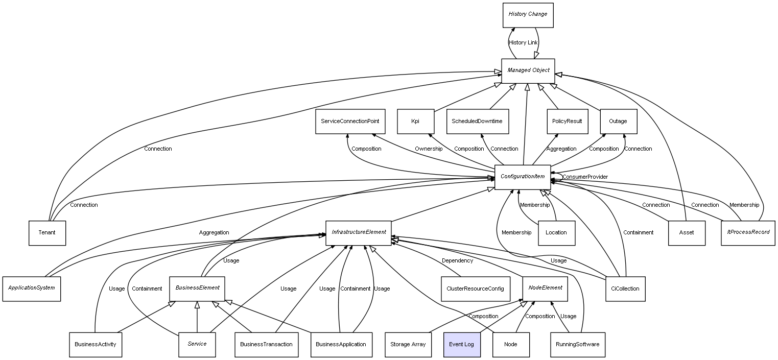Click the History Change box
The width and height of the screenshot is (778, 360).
pos(528,15)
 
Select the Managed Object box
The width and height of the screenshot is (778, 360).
pos(528,71)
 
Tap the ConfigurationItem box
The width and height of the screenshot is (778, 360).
pos(523,177)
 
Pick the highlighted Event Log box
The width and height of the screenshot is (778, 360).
pos(462,345)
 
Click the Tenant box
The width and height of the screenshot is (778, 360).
pos(47,233)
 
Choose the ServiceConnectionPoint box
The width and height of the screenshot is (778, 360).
pos(350,122)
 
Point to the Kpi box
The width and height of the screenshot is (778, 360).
pos(416,122)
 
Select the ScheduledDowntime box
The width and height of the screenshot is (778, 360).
pos(478,122)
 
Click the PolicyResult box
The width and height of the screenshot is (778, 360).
pos(568,122)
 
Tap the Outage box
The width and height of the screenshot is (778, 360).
pos(619,122)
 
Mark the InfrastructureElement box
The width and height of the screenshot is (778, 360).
pos(359,233)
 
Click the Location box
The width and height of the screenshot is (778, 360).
pos(557,233)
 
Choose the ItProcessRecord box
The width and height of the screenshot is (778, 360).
pos(748,233)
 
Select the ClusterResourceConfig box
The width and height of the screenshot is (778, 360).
pos(476,289)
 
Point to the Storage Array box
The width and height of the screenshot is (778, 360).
pos(408,345)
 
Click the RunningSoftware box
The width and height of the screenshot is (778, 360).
pos(578,345)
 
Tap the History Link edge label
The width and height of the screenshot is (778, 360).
pos(523,43)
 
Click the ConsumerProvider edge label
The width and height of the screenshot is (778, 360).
pos(585,177)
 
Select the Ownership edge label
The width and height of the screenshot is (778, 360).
pos(429,149)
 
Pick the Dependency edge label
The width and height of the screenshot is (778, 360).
pos(457,261)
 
